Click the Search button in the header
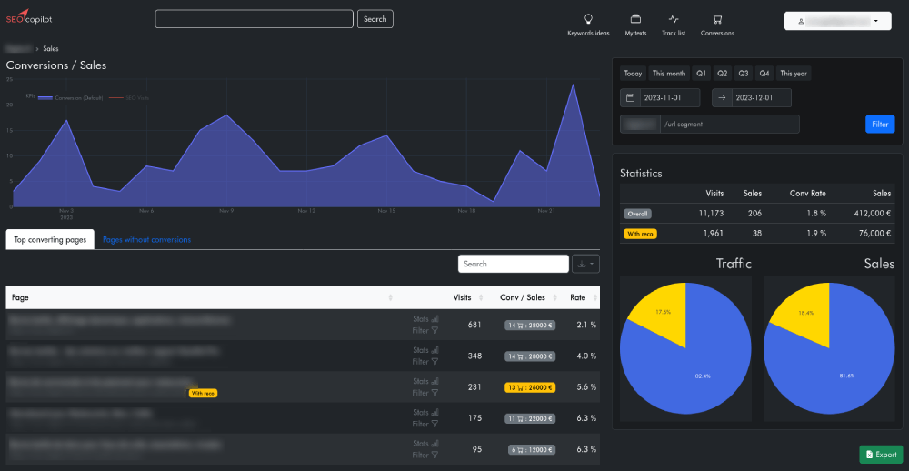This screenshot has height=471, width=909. tap(375, 19)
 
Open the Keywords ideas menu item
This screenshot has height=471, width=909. tap(588, 25)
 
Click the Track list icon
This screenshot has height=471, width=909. tap(674, 19)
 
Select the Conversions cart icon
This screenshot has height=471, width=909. tap(717, 19)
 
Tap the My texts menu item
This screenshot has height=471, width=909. tap(635, 25)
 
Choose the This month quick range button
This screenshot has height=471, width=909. tap(669, 74)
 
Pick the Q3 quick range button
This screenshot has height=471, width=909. tap(744, 74)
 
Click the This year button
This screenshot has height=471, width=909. tap(794, 74)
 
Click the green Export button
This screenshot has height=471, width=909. tap(881, 455)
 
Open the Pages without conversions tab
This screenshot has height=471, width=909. tap(146, 240)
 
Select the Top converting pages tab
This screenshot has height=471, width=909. tap(50, 240)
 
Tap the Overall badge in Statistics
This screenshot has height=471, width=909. tap(638, 214)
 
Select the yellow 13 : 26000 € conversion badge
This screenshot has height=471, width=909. tap(529, 387)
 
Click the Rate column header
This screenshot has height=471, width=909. tap(578, 297)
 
